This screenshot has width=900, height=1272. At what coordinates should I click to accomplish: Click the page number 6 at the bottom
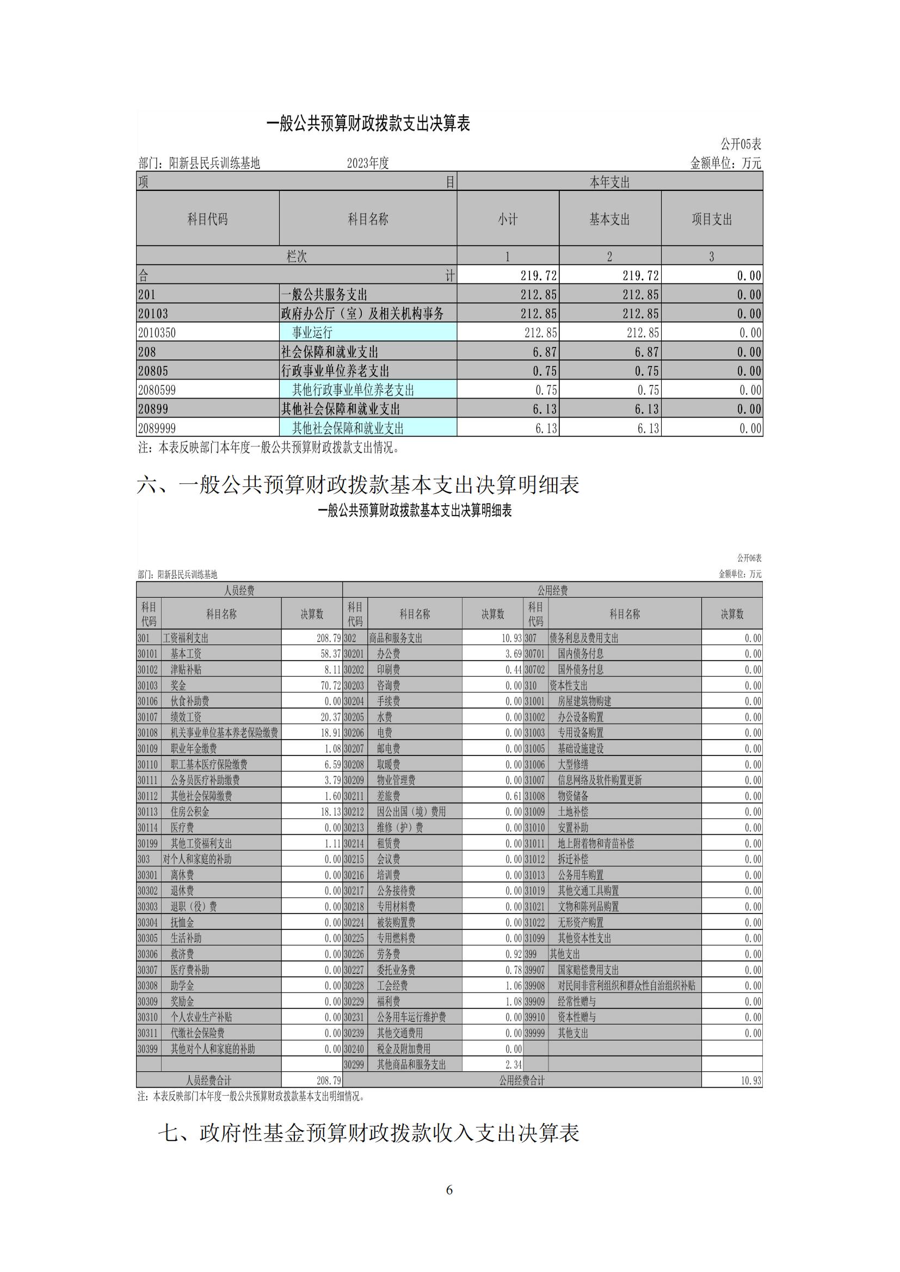[449, 1189]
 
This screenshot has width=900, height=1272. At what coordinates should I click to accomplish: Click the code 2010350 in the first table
[157, 332]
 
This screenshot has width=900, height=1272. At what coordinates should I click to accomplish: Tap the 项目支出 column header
[712, 219]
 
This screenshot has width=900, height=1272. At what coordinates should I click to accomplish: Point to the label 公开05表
[741, 145]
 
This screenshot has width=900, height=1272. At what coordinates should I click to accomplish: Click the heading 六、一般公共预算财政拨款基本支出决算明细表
[358, 485]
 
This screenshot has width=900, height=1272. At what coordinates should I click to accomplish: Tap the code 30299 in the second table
[354, 1064]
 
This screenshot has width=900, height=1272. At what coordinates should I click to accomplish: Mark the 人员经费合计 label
[208, 1081]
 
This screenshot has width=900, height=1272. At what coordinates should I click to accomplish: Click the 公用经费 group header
[552, 590]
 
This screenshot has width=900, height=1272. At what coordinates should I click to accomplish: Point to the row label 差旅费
[389, 796]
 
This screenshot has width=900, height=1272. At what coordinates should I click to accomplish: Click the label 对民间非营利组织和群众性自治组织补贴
[626, 985]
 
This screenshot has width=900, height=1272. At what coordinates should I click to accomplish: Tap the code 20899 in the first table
[153, 409]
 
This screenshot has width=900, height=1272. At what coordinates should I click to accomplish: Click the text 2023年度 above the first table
[368, 163]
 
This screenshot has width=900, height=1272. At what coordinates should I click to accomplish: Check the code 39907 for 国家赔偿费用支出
[535, 970]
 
